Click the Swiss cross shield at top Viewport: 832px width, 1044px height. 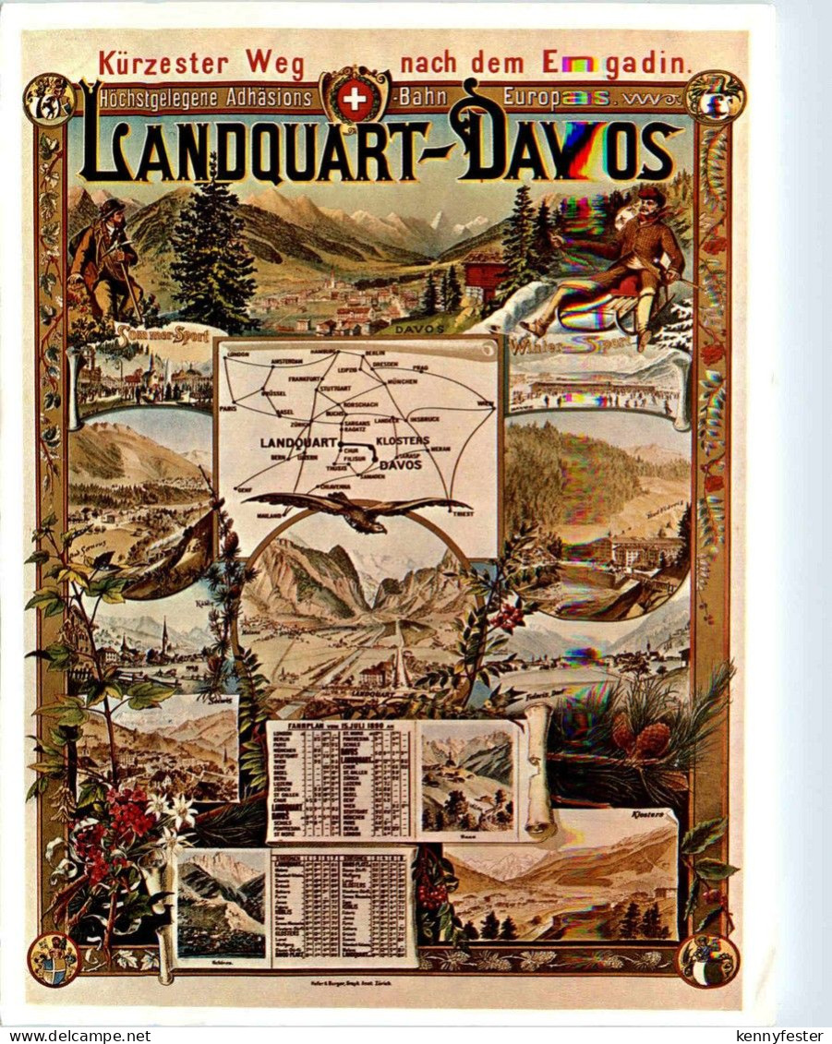pos(353,99)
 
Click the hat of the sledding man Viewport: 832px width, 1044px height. pos(650,195)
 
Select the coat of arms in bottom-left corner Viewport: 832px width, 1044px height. pos(53,958)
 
